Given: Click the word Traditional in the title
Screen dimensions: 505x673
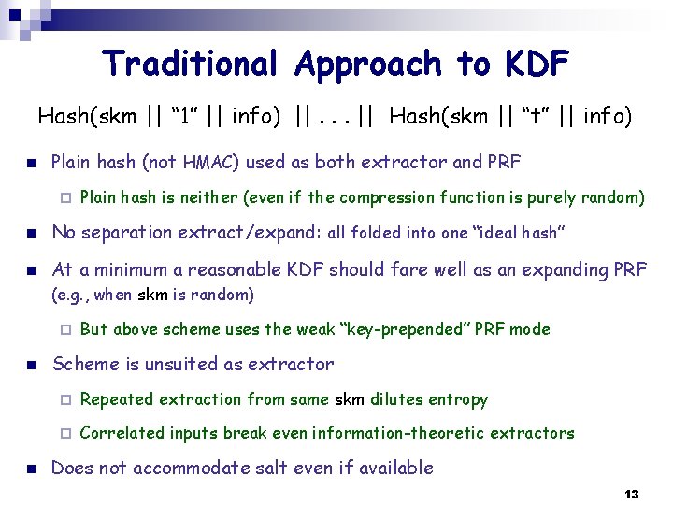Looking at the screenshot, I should click(192, 64).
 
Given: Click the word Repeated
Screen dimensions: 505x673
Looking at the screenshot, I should click(117, 399).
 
